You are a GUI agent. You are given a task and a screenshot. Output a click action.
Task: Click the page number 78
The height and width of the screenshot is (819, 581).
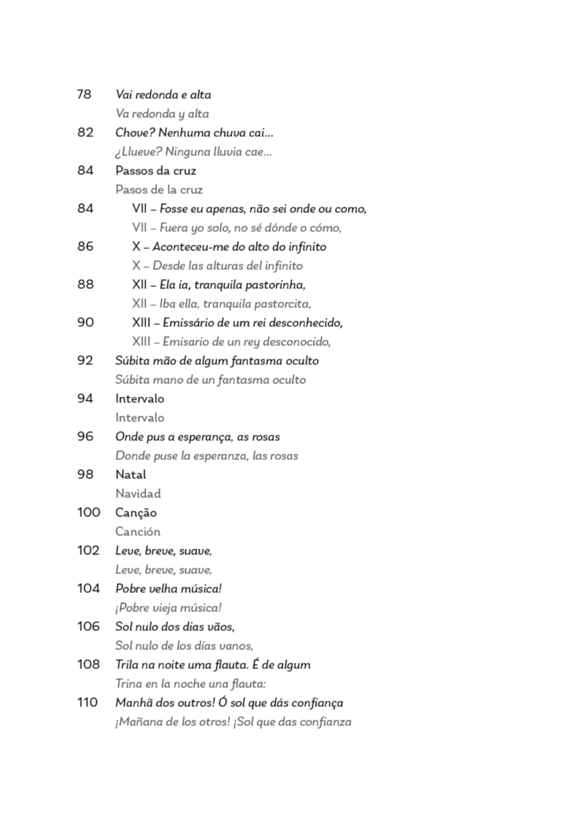tap(84, 94)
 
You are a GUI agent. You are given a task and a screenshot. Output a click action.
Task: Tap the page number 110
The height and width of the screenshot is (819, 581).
tap(87, 702)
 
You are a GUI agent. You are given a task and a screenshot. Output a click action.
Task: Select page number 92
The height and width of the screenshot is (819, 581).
tap(85, 360)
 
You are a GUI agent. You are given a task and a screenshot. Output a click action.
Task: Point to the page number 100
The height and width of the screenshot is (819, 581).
tap(89, 512)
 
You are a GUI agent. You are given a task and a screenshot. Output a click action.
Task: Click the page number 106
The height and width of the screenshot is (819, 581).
tap(88, 626)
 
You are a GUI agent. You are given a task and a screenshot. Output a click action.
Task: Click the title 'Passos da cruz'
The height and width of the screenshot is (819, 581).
tap(156, 171)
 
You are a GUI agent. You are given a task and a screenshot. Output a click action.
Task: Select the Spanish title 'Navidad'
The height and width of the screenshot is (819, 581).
tap(138, 493)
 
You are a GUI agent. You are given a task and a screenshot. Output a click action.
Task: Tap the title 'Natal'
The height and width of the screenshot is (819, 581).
tap(130, 475)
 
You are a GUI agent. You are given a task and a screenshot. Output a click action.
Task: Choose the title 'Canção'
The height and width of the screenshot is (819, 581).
tap(136, 513)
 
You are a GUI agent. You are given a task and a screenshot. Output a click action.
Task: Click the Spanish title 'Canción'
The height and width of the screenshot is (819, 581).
tap(138, 532)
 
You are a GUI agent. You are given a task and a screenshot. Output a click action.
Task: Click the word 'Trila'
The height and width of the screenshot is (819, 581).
tap(127, 665)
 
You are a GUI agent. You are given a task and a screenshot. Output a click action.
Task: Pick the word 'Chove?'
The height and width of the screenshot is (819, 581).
tap(135, 133)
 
